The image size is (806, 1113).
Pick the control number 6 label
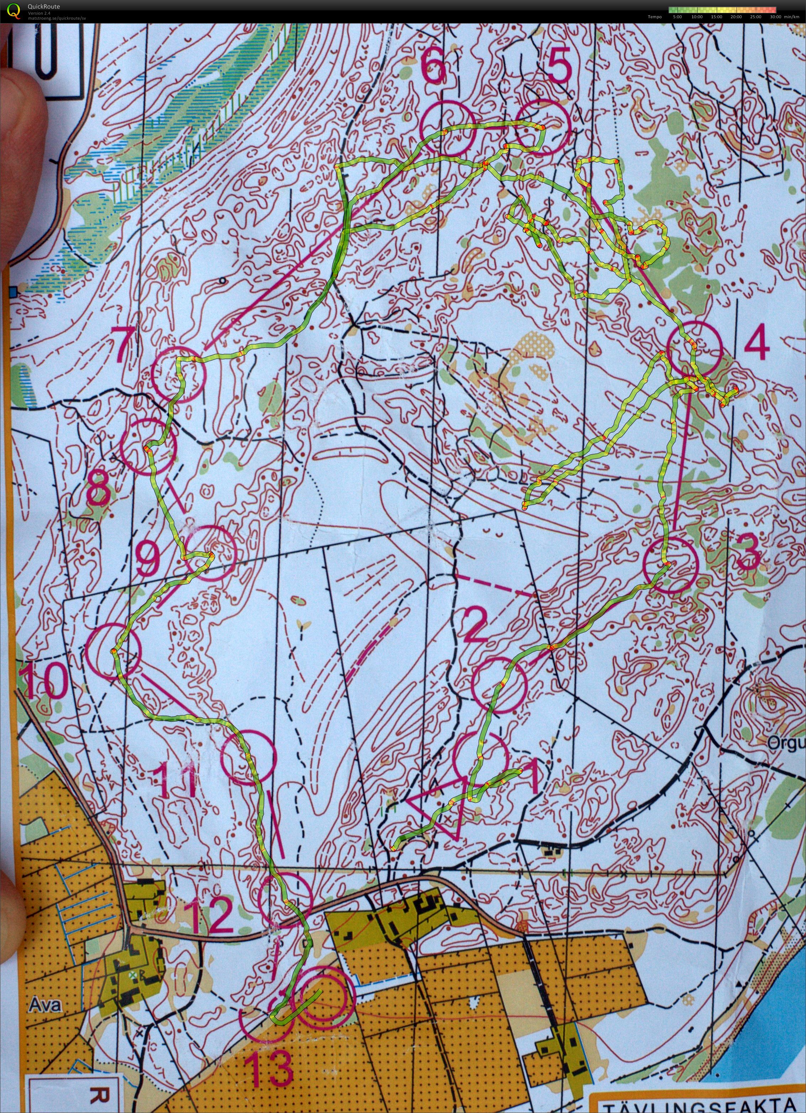click(434, 68)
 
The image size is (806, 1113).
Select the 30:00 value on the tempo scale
click(775, 17)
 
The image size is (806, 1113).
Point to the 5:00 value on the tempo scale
click(678, 17)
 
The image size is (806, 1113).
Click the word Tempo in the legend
click(654, 17)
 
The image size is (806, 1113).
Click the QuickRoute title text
click(44, 7)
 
